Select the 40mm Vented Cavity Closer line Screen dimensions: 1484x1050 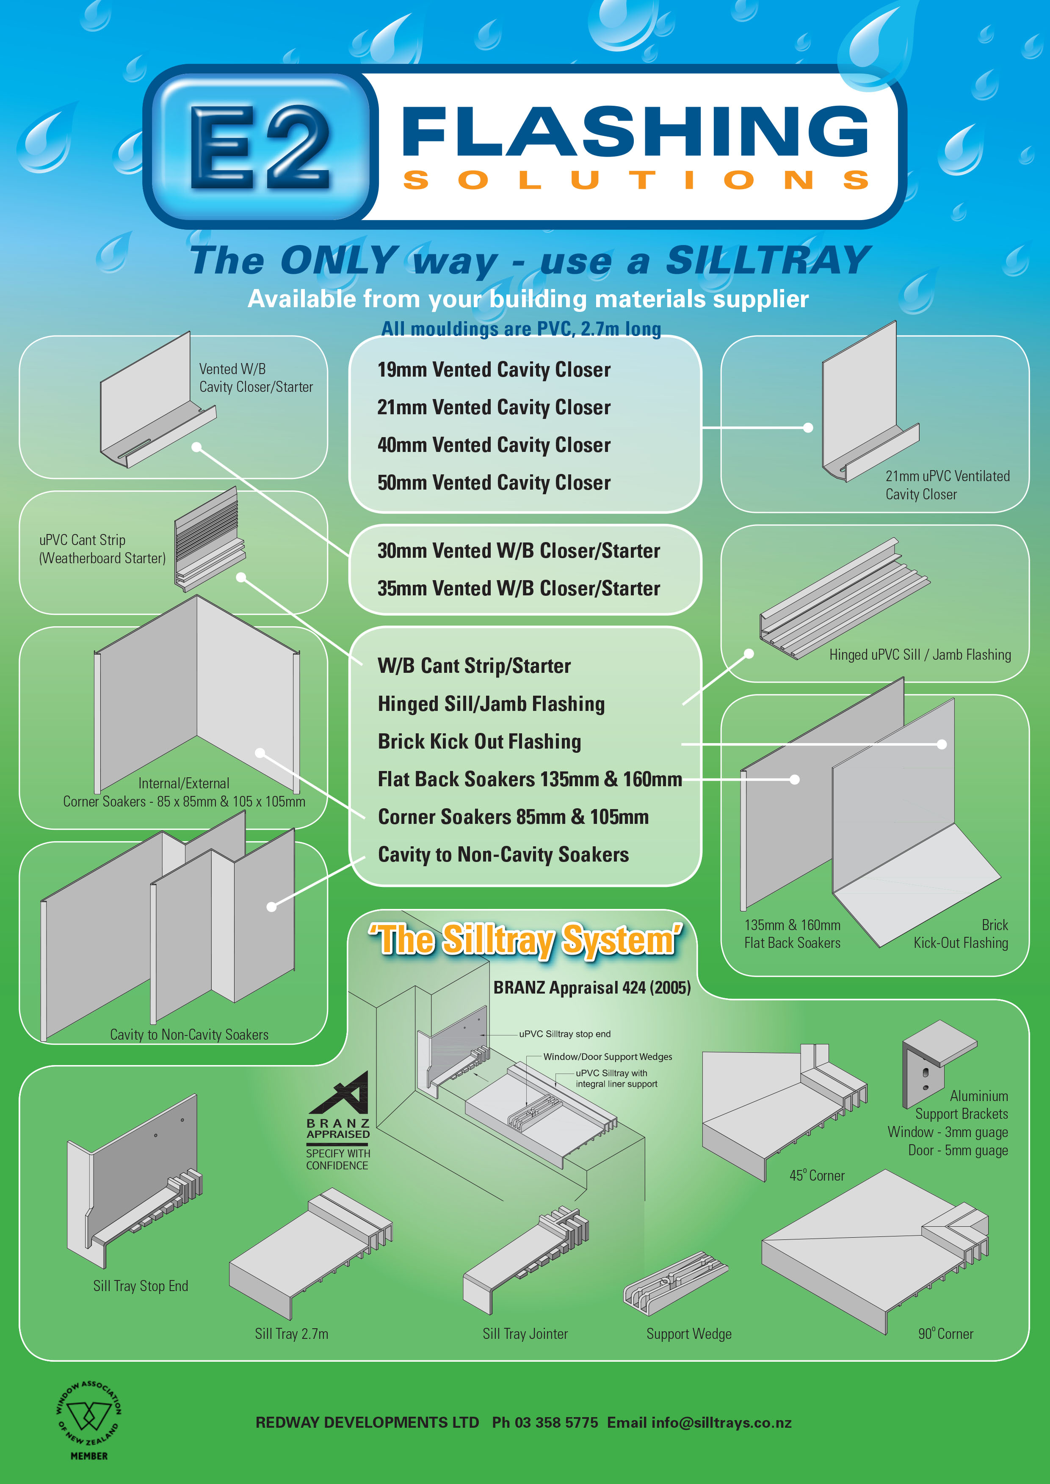494,445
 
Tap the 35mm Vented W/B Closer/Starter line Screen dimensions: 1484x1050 519,589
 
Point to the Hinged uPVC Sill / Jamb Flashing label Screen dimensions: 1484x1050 920,655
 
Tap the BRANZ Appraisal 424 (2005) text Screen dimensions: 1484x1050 591,988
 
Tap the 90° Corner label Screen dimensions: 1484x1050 945,1333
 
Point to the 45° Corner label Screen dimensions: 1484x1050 817,1176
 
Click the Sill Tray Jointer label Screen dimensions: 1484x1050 525,1333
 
